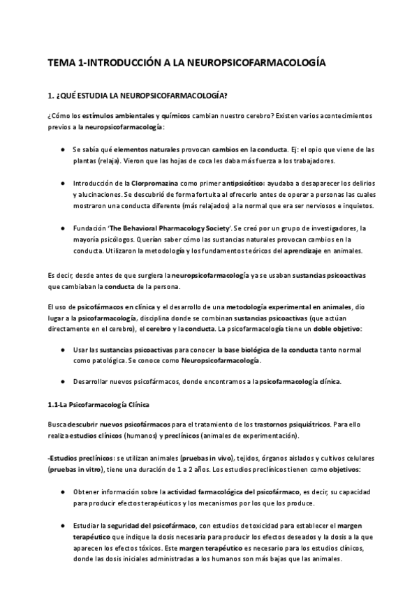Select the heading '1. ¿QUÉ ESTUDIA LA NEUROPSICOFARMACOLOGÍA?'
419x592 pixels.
tap(137, 95)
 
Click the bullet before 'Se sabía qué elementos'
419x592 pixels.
tap(64, 149)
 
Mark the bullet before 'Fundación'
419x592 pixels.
tap(64, 228)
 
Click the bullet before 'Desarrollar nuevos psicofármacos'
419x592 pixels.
tap(64, 381)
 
